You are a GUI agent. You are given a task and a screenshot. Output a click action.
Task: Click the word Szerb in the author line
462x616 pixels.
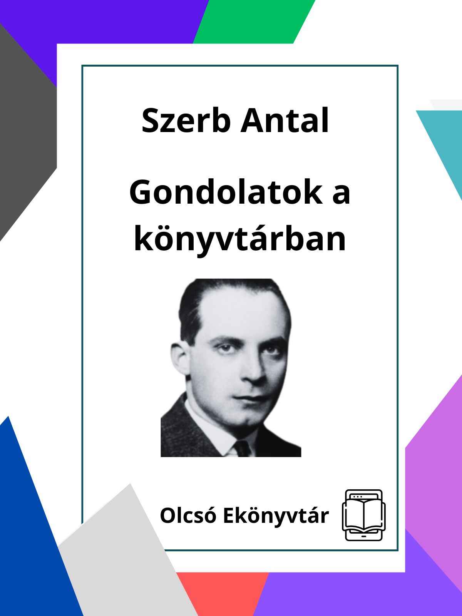186,121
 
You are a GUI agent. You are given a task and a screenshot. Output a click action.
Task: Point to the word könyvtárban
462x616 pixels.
240,239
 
